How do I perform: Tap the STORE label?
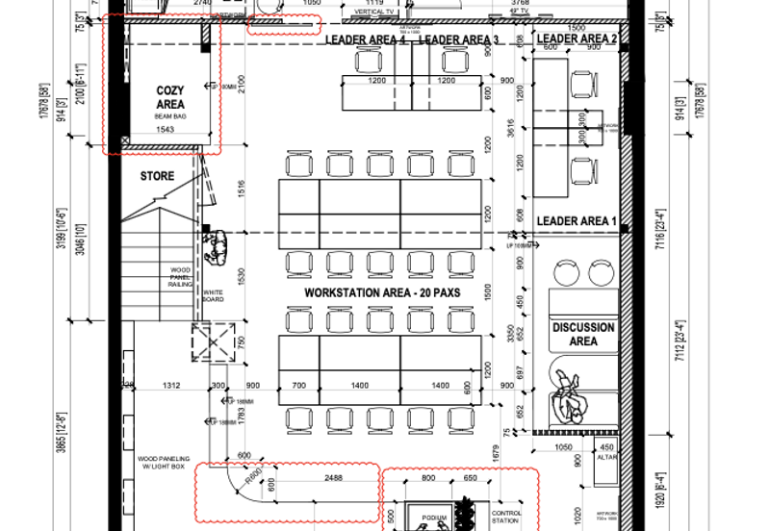(157, 176)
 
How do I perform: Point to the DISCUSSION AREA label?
(582, 334)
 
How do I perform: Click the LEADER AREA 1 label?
(576, 221)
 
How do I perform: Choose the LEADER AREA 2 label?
(576, 38)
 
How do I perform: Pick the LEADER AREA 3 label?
(459, 39)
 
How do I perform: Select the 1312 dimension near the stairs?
(171, 385)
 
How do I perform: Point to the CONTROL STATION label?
(506, 518)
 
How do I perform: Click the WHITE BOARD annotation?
(213, 296)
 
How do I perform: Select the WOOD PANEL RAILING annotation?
(181, 277)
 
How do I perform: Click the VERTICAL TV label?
(375, 12)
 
